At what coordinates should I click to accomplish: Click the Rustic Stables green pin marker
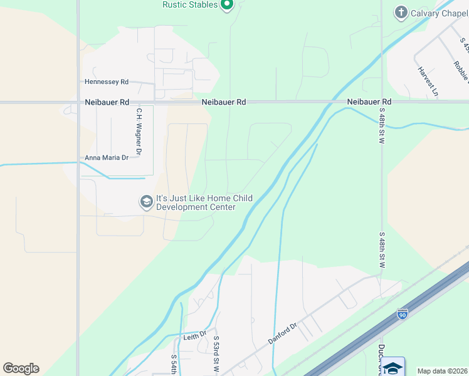click(x=227, y=5)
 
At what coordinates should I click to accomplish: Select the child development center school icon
click(x=147, y=202)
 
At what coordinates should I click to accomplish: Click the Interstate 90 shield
click(x=402, y=313)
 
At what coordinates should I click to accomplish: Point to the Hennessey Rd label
click(x=107, y=82)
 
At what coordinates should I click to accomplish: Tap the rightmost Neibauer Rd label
click(x=369, y=102)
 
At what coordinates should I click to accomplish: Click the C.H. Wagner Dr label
click(x=139, y=132)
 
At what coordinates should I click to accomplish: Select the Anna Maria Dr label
click(x=107, y=158)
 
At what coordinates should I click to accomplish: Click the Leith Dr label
click(x=194, y=336)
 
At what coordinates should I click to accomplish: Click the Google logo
click(x=21, y=368)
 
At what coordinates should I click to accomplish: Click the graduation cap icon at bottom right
click(x=393, y=367)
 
